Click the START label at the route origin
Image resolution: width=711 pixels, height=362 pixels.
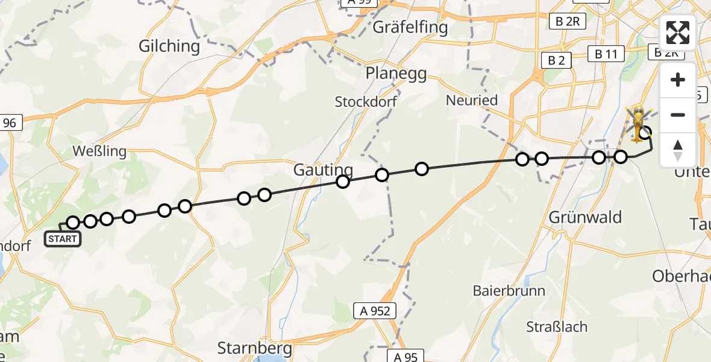click(62, 239)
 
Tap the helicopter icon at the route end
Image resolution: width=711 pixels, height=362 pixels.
click(636, 123)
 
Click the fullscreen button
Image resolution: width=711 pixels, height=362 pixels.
click(678, 33)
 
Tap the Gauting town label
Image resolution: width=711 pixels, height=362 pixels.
click(323, 170)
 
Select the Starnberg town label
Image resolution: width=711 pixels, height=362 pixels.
click(254, 348)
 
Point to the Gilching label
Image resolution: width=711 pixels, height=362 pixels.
click(169, 46)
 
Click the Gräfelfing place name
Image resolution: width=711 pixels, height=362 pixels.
click(410, 27)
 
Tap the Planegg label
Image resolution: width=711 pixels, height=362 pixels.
click(396, 74)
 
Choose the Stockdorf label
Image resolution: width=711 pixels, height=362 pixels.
click(366, 101)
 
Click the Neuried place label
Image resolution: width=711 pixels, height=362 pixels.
click(472, 100)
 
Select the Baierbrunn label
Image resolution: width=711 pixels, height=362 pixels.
click(509, 291)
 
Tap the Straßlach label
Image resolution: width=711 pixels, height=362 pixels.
click(557, 327)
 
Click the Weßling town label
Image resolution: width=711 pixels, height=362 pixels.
click(99, 150)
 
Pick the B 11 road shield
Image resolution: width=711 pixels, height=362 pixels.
click(606, 54)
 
